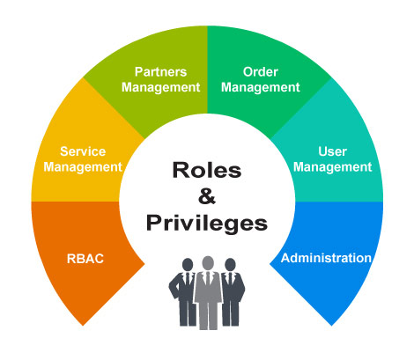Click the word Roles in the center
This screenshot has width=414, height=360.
coord(207,170)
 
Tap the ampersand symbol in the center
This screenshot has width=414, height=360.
coord(207,196)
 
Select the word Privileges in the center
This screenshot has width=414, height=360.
coord(207,224)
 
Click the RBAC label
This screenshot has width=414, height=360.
coord(85,259)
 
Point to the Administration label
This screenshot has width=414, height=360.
coord(326,258)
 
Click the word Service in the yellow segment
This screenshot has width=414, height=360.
coord(83,151)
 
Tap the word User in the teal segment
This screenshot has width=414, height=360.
coord(332,151)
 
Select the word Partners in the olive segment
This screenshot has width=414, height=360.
coord(160,72)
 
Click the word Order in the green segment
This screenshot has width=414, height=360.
coord(261,72)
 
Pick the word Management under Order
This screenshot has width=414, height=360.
coord(261,87)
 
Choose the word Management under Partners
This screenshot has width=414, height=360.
coord(161,87)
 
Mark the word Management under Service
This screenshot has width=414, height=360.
coord(83,167)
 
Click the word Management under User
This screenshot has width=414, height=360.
coord(333,167)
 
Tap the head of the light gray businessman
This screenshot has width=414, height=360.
coord(208,263)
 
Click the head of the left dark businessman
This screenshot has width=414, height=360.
coord(188,265)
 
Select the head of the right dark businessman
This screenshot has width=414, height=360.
coord(230,265)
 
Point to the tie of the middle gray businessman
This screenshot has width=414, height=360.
coord(208,279)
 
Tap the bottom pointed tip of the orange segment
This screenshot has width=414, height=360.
coord(83,325)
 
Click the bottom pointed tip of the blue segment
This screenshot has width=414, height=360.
coord(331,325)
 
